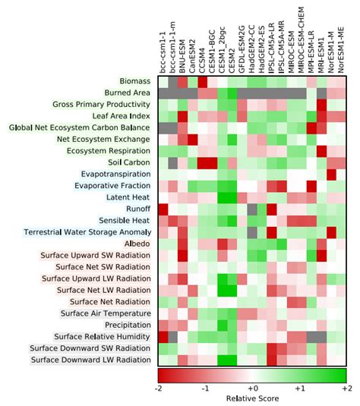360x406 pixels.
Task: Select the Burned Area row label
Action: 130,92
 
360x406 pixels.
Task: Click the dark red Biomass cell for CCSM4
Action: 203,80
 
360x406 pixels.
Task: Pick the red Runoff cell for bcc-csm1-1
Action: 163,209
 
